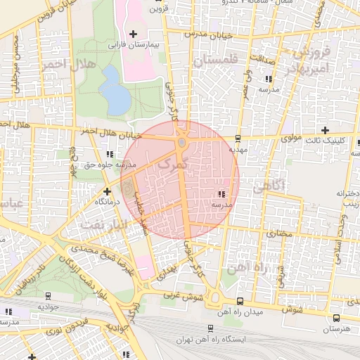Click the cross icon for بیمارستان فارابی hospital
133,33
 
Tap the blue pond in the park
115,89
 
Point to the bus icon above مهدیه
238,138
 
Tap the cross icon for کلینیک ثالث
324,130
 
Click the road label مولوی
291,139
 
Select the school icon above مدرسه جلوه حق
109,154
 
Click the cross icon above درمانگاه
107,191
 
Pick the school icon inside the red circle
221,193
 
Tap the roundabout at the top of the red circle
181,143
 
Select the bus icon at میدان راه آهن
240,301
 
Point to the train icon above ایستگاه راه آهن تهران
210,328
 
